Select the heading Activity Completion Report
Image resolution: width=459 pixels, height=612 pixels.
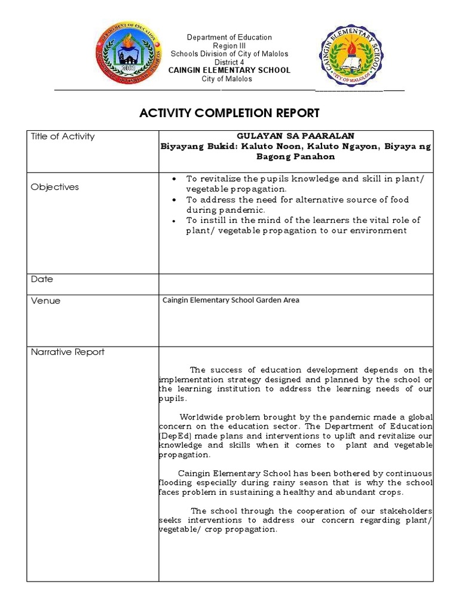pos(229,113)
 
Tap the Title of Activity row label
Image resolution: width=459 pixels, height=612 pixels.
pos(63,136)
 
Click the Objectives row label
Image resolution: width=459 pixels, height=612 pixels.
pos(55,187)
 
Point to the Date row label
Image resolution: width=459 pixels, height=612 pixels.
pos(42,279)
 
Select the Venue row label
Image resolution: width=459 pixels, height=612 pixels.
pos(45,301)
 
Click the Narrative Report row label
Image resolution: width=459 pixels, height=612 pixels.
pos(68,352)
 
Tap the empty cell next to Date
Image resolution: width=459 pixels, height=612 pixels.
pos(296,284)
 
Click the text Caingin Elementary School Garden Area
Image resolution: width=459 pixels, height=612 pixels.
pos(231,300)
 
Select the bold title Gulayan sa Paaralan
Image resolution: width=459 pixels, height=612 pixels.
pos(296,136)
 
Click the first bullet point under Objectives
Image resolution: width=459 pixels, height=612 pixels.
pos(174,179)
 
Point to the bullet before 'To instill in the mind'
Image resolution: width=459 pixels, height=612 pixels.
pos(174,221)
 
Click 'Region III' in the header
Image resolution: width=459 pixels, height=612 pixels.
pos(229,46)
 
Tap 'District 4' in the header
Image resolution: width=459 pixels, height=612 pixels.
pos(229,62)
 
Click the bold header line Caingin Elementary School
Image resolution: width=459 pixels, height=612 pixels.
pos(229,71)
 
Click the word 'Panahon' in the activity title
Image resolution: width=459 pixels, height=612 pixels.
pos(314,157)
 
